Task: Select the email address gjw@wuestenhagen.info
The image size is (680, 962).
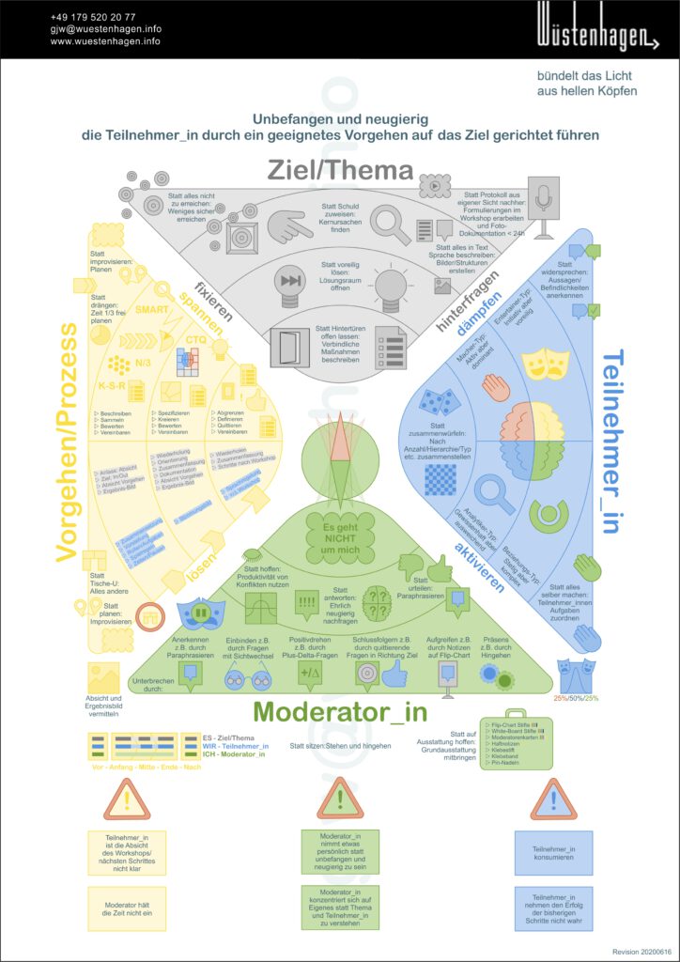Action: (x=106, y=29)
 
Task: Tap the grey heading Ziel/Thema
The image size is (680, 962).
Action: (x=340, y=170)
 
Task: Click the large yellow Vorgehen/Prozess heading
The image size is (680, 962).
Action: (x=66, y=442)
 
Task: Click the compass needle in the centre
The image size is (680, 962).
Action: (x=340, y=450)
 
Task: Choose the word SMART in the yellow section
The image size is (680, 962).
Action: (x=152, y=309)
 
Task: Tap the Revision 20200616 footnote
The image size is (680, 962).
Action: (x=643, y=952)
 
